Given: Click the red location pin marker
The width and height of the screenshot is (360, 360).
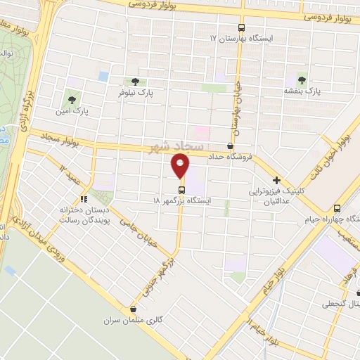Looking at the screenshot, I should tap(181, 166).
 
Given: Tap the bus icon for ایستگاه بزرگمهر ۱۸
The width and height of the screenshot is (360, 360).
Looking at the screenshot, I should tap(181, 190).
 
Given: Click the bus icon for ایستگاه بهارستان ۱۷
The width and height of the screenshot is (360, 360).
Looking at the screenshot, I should tap(243, 26).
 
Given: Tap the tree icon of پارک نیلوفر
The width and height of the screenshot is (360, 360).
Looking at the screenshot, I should tap(134, 82).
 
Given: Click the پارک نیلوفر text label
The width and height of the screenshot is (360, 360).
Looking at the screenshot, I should tap(135, 92).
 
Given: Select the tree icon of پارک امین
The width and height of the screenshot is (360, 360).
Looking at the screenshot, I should tap(72, 99).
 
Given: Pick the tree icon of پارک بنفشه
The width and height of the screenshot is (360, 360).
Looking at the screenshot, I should tap(302, 80).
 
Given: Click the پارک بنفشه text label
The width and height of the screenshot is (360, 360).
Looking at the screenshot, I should tap(302, 91).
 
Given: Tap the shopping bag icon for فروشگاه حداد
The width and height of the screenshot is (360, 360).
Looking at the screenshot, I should tap(231, 146).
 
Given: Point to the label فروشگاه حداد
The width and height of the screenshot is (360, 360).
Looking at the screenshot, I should tap(231, 156).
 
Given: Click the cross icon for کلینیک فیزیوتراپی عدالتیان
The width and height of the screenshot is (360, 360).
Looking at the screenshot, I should tap(277, 180).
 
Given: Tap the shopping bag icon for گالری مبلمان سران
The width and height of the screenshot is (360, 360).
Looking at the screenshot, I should tap(134, 308).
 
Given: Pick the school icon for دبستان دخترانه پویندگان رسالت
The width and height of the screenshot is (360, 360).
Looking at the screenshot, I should tap(84, 199).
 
